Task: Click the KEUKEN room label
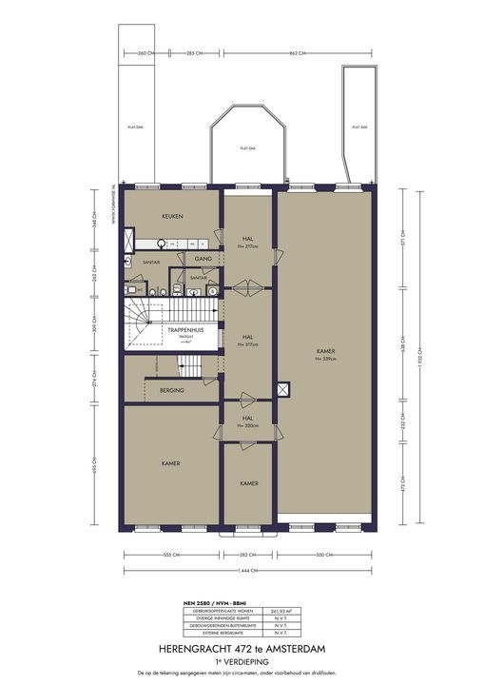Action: click(171, 217)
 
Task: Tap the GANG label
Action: click(202, 259)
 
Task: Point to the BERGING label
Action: click(172, 390)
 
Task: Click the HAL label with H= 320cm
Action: click(246, 421)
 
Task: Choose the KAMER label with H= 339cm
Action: click(326, 354)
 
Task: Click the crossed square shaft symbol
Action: click(283, 389)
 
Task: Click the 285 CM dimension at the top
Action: click(197, 53)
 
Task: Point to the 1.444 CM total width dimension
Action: click(248, 571)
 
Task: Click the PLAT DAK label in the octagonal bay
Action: click(245, 148)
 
